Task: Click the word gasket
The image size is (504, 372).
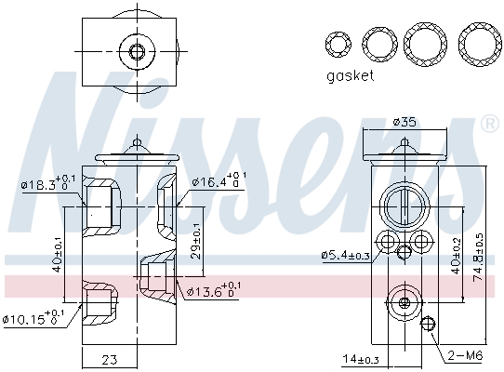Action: pyautogui.click(x=350, y=75)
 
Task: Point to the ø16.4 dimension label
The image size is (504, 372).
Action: pyautogui.click(x=219, y=180)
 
